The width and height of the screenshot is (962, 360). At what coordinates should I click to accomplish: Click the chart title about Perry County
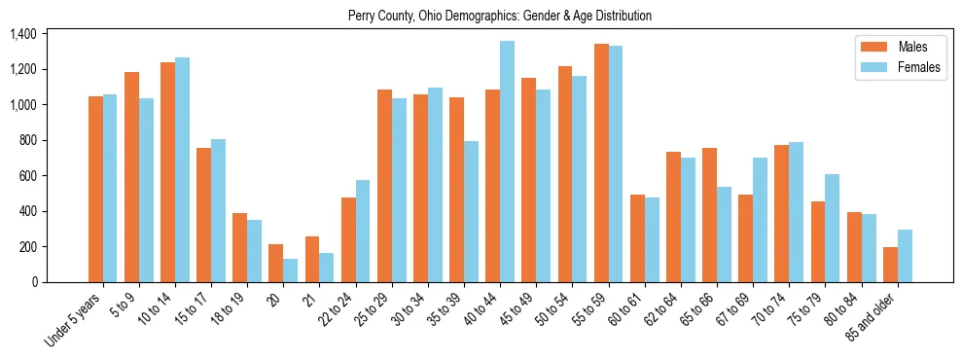point(500,16)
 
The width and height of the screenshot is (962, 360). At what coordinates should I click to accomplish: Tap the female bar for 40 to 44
point(507,162)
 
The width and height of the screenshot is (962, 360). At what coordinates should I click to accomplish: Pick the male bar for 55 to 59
point(601,162)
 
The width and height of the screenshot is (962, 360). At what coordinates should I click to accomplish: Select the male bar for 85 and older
point(890,265)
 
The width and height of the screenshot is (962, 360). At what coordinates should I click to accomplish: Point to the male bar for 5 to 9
point(132,177)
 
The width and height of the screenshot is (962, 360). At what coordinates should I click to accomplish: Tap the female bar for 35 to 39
point(471,211)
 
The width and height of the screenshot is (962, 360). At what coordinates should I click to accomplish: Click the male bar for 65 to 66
point(709,215)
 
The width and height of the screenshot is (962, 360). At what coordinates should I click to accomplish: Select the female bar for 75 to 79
point(833,228)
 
